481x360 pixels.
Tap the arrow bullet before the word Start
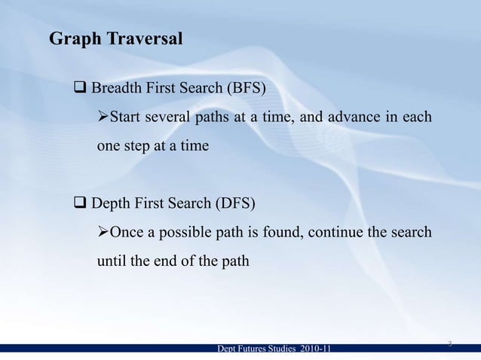pos(104,118)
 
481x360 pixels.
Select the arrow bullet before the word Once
pos(104,232)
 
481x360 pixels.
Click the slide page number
pos(449,343)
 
